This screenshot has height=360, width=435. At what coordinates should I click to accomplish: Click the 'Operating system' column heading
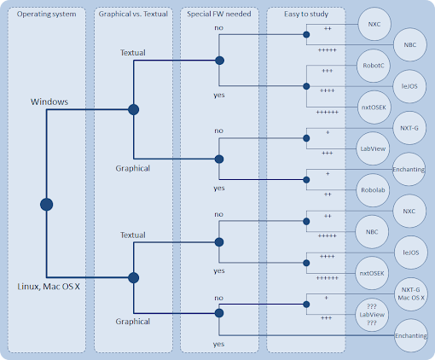[x=46, y=14]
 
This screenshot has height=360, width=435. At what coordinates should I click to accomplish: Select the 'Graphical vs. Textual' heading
[x=133, y=14]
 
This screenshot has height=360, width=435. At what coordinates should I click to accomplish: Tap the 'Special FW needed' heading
[x=219, y=14]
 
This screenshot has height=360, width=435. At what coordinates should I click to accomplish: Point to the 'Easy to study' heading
[x=306, y=14]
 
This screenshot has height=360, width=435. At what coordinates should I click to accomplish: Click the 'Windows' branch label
[x=49, y=102]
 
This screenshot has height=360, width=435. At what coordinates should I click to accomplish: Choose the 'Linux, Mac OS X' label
[x=49, y=287]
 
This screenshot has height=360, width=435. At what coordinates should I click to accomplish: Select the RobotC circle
[x=374, y=66]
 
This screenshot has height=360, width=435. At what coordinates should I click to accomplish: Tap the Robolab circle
[x=373, y=190]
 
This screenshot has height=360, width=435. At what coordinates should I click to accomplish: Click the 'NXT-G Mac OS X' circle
[x=411, y=293]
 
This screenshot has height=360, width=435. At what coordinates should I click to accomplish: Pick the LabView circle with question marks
[x=372, y=315]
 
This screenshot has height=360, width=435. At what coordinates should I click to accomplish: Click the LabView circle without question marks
[x=373, y=148]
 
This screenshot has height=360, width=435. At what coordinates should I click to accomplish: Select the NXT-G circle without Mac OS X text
[x=409, y=128]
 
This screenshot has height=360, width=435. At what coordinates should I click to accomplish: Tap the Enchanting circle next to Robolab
[x=409, y=169]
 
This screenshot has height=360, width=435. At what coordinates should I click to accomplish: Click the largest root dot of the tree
[x=47, y=205]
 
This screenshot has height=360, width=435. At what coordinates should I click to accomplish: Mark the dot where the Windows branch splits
[x=134, y=109]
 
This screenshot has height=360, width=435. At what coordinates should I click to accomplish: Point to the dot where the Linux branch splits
[x=134, y=278]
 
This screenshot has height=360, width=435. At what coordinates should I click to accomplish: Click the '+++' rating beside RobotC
[x=328, y=71]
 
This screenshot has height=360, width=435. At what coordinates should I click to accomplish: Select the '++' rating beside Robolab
[x=328, y=195]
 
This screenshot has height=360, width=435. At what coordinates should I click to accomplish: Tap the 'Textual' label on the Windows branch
[x=133, y=53]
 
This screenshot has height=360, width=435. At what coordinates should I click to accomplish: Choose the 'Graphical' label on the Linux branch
[x=133, y=322]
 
